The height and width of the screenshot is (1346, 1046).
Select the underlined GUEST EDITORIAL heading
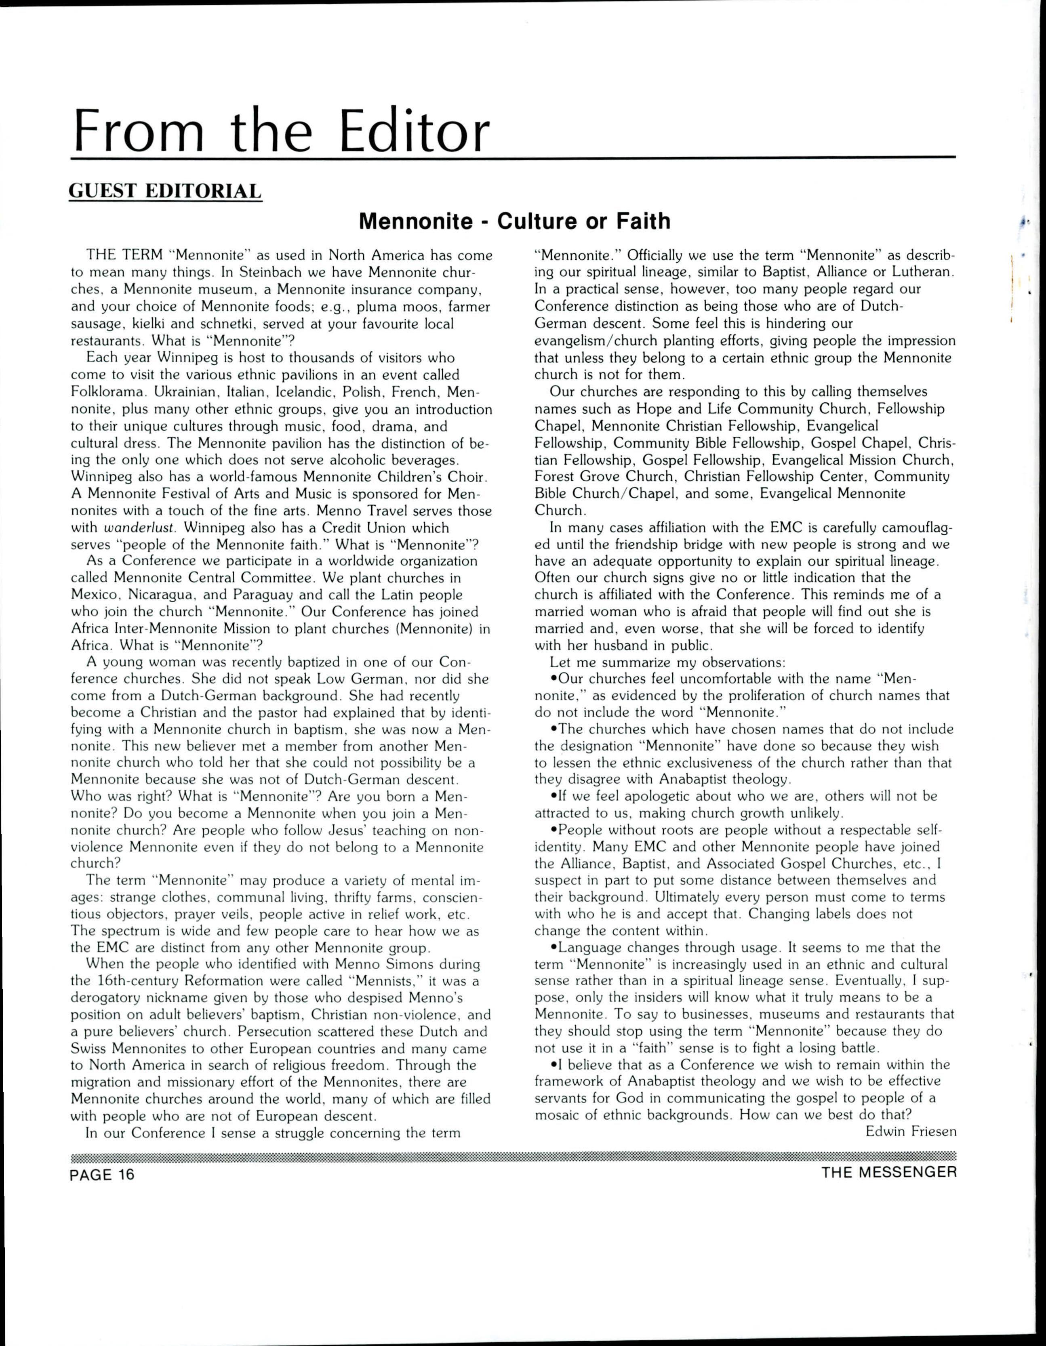pos(165,191)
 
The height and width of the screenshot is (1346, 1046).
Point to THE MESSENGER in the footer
pos(889,1172)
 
